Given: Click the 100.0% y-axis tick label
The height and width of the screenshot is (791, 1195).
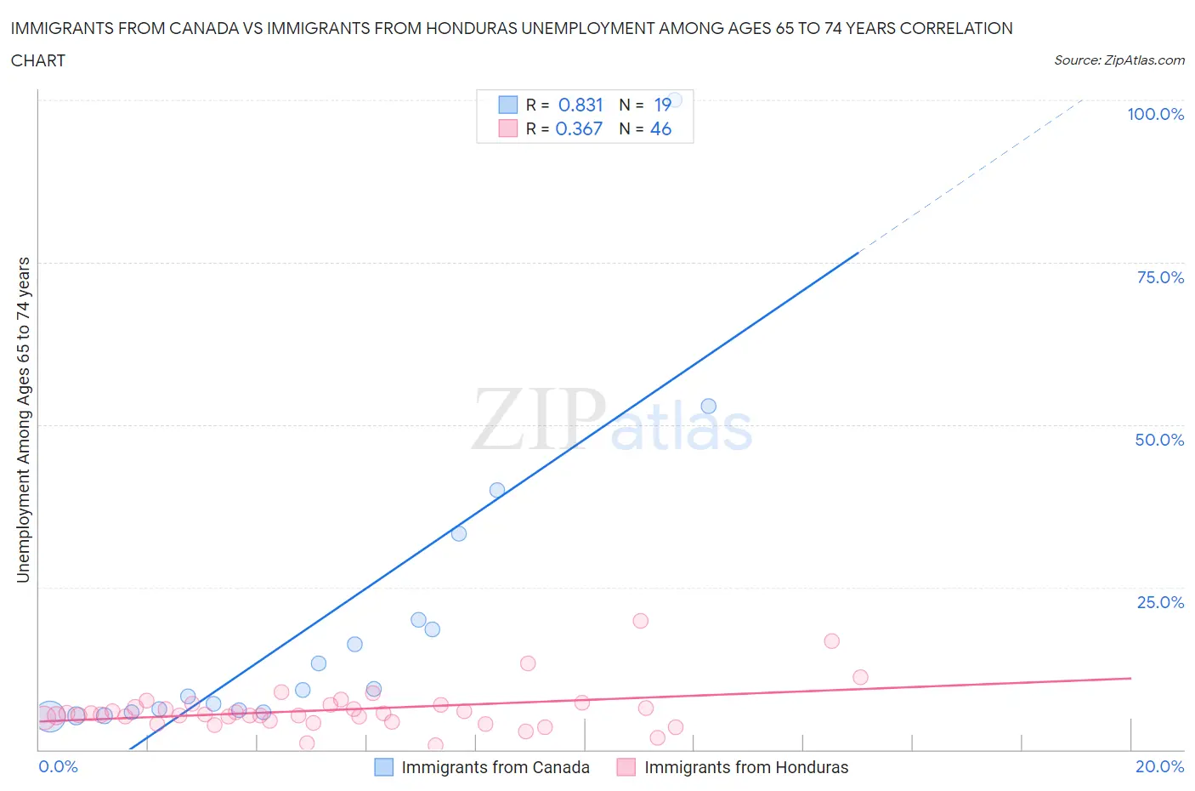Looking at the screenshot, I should [x=1155, y=114].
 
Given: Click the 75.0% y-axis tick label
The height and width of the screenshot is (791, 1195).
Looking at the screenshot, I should [x=1160, y=277].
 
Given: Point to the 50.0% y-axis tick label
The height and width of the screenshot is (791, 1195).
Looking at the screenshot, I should [x=1159, y=440].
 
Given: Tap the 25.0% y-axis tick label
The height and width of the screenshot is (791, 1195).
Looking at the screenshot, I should [x=1160, y=602].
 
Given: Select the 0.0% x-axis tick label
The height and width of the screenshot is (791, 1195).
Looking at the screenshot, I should [x=58, y=766].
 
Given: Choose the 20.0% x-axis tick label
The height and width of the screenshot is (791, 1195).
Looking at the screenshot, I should [x=1159, y=766].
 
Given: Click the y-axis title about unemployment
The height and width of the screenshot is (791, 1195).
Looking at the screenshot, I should [x=23, y=419].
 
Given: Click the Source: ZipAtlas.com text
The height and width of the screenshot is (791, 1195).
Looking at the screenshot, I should [x=1119, y=60].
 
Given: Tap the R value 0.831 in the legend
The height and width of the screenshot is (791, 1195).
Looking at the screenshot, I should [x=581, y=105].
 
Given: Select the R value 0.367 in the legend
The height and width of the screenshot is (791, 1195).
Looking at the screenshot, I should [x=579, y=128].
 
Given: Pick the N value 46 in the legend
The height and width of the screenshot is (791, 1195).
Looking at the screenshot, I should [x=660, y=128].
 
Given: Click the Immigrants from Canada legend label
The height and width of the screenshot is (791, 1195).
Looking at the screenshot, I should [x=495, y=767].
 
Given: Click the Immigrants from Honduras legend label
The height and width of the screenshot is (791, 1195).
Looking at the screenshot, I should [x=746, y=767].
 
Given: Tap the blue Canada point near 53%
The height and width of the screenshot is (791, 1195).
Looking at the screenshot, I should [x=708, y=407].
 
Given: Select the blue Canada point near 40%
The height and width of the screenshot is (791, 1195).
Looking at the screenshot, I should [x=497, y=490].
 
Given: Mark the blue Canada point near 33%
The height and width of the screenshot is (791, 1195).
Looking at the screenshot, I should [x=459, y=534].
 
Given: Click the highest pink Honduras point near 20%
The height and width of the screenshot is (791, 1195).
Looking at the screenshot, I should [x=641, y=621].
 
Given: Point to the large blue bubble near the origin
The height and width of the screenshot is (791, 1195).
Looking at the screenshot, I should [x=49, y=717].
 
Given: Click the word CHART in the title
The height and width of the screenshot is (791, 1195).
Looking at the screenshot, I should [x=38, y=60].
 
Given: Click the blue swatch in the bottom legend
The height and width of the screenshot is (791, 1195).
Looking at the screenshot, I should [x=384, y=767].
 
